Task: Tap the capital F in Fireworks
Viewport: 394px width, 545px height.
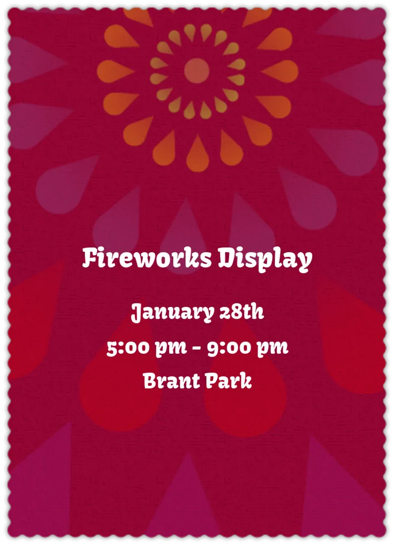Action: [90, 258]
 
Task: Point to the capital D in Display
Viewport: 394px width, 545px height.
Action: [226, 258]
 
